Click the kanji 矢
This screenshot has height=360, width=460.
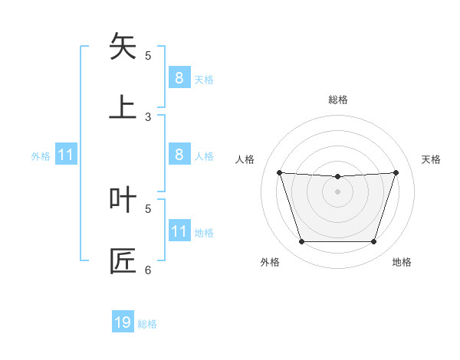123,47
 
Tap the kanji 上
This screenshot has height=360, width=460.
123,107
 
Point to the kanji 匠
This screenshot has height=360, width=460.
123,261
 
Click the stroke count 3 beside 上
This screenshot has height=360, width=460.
148,117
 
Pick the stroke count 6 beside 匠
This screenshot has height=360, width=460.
148,270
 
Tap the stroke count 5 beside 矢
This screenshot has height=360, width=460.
148,56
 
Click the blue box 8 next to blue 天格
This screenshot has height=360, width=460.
179,77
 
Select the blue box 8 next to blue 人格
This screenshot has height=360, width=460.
179,155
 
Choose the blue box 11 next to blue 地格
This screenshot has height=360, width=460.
179,231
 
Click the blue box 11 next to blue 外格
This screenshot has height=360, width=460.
65,155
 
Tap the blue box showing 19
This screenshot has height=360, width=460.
123,322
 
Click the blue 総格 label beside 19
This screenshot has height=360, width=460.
147,324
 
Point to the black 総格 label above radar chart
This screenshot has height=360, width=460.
337,100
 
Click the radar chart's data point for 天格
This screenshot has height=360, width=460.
396,172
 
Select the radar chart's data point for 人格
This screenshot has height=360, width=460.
279,172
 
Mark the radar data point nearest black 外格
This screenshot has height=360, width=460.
301,242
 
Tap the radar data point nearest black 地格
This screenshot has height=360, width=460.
373,242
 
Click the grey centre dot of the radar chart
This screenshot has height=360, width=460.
337,191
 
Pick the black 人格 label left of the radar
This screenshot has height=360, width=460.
245,159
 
